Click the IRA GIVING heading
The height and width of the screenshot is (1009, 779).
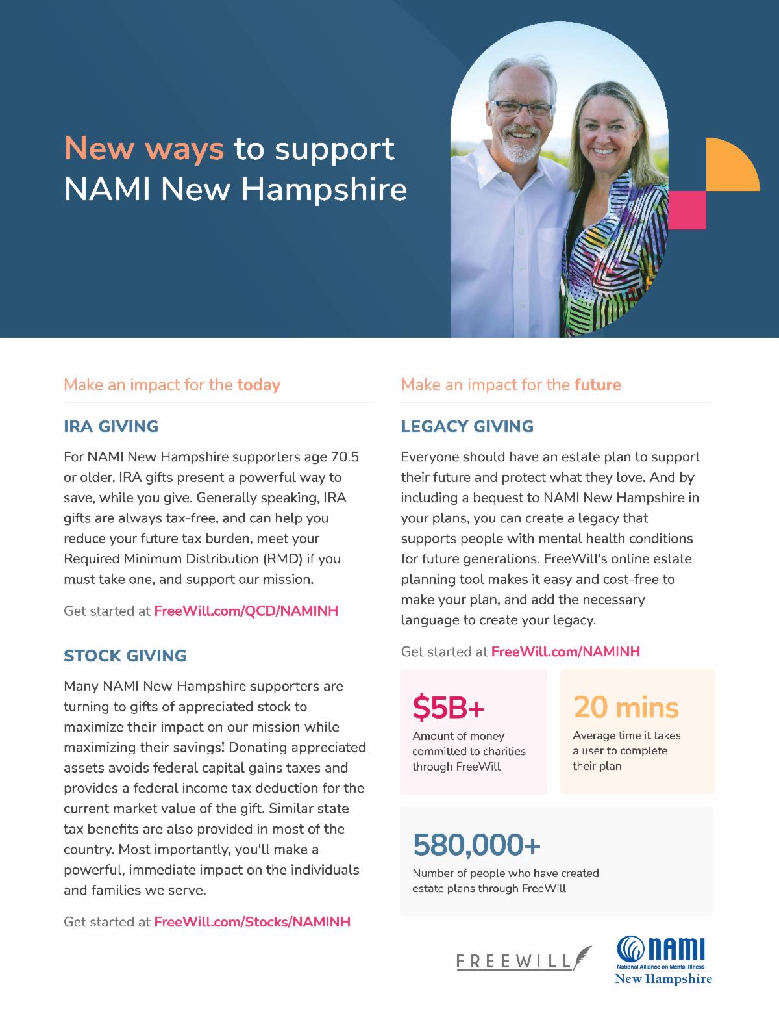click(x=111, y=427)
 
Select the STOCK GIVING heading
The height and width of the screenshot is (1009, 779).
click(x=125, y=656)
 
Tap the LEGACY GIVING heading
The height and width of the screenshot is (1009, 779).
click(x=467, y=427)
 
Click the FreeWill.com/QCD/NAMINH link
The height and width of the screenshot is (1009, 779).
click(x=246, y=611)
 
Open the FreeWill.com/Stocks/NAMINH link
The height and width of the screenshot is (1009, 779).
click(x=252, y=922)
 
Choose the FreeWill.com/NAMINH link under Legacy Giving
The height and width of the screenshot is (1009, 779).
click(x=565, y=652)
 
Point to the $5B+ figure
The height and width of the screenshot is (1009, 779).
click(x=449, y=709)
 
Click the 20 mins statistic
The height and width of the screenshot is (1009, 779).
click(x=626, y=708)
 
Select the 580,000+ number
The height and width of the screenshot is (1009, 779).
click(x=476, y=845)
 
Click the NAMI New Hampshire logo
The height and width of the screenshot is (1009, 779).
click(x=663, y=961)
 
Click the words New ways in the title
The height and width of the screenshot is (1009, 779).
click(x=143, y=149)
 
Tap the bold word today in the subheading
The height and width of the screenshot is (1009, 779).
click(x=258, y=385)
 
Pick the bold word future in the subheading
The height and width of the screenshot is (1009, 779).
click(x=597, y=385)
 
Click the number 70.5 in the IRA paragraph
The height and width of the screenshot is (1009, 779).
click(x=345, y=457)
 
